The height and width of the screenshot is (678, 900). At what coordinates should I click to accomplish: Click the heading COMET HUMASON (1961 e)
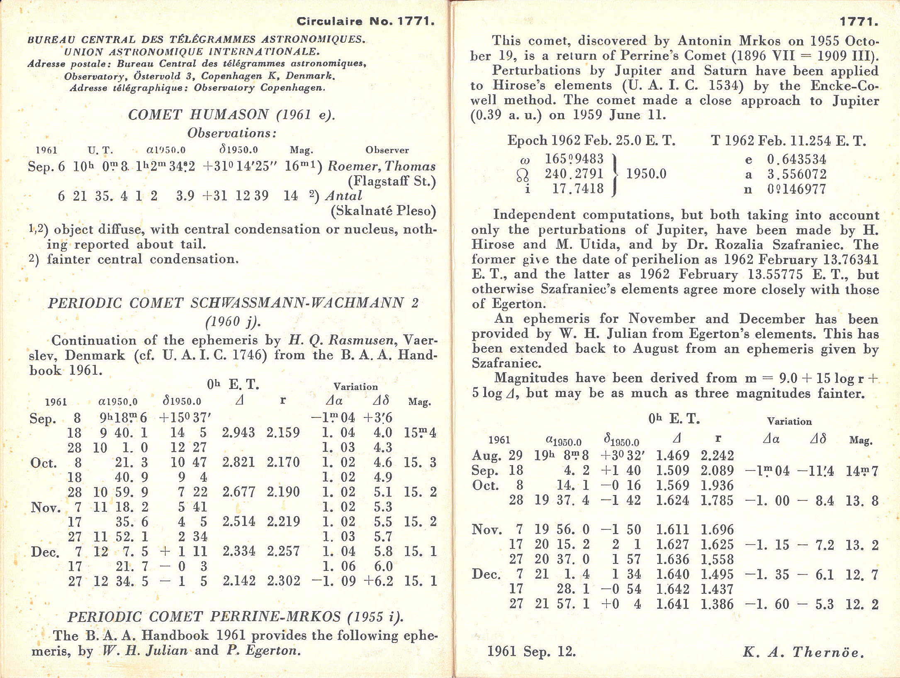coord(231,115)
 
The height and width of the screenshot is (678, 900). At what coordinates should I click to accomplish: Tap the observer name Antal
coord(343,195)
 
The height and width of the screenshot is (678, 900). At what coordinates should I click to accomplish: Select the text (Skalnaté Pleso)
coord(383,211)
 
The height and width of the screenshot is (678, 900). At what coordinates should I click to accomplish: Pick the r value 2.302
coord(283,580)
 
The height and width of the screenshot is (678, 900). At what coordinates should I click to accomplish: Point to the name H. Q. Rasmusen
coord(341,340)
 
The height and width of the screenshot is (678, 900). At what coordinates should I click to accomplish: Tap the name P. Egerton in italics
coord(262,650)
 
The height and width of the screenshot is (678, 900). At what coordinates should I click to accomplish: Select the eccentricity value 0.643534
coord(796,159)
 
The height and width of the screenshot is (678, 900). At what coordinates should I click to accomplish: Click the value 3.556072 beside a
coord(797,174)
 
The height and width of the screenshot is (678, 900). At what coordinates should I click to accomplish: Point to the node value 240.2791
coord(574,174)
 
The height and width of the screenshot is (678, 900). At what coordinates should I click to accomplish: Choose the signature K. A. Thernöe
coord(803,652)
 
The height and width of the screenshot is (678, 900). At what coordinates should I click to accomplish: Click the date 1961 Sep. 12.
coord(531,651)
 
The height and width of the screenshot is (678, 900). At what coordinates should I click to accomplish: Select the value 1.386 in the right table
coord(717,604)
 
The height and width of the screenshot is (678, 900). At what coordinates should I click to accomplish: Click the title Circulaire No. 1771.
coord(365,22)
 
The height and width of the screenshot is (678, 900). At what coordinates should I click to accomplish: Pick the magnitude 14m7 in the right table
coord(862,471)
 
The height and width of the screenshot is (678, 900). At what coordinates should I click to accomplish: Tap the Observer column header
coord(387,150)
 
